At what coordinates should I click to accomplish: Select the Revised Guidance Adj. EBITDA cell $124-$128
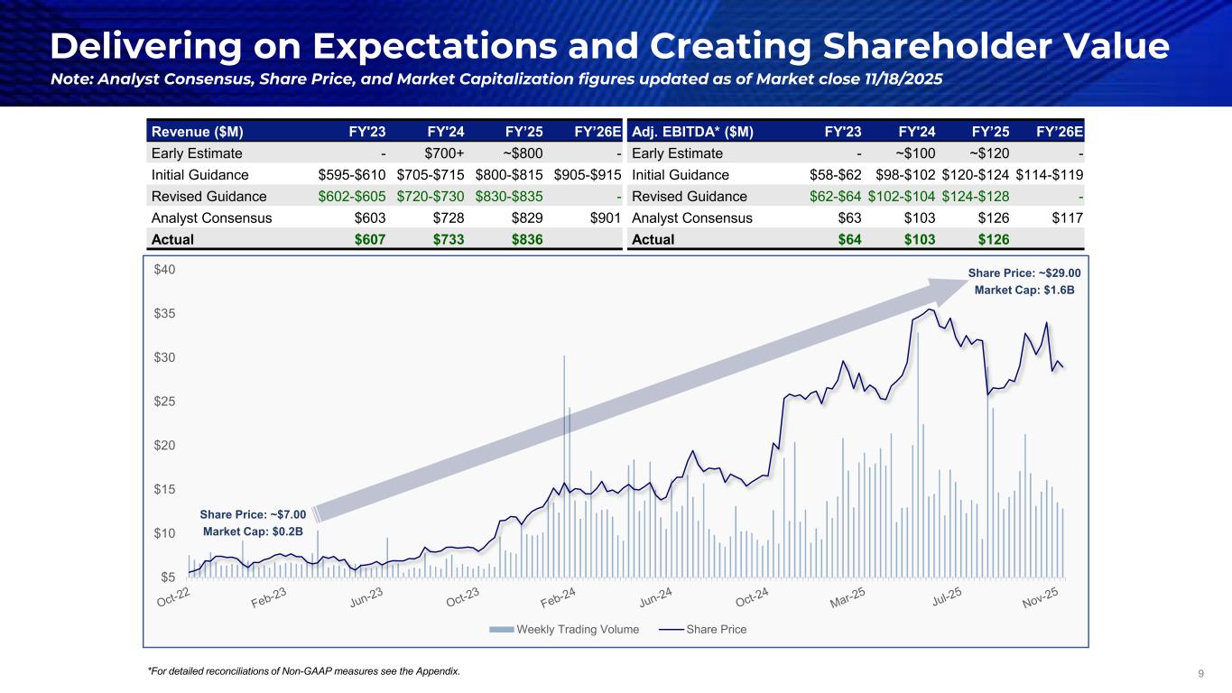coord(976,197)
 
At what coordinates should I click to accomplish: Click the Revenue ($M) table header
coord(189,132)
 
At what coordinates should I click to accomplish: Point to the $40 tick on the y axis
coord(165,270)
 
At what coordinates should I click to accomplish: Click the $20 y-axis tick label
coord(165,446)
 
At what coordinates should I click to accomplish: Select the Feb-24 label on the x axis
coord(560,599)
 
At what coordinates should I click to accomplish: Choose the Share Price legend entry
coord(715,629)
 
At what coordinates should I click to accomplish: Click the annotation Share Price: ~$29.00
coord(1024,273)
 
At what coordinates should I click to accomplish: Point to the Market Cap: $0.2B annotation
coord(254,531)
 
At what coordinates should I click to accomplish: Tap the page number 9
coord(1200,672)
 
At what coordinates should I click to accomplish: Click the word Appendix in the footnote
coord(435,671)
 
